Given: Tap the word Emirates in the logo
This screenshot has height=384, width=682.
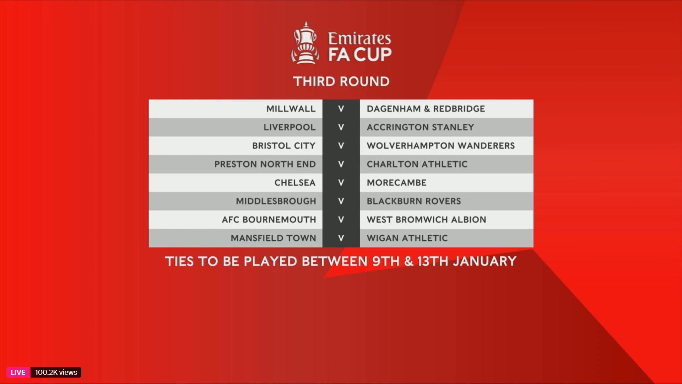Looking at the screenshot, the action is pyautogui.click(x=359, y=38).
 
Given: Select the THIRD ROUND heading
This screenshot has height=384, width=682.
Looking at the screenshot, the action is pyautogui.click(x=341, y=81).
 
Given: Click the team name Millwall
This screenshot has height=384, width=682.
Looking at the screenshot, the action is pyautogui.click(x=291, y=109).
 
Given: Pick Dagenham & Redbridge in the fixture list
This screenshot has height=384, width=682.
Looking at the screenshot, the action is pyautogui.click(x=426, y=109).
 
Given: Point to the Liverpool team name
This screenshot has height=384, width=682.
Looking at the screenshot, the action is pyautogui.click(x=289, y=127).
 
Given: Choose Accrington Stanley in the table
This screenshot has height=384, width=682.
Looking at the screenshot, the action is pyautogui.click(x=421, y=127).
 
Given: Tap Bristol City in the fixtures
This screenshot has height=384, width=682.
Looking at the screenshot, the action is pyautogui.click(x=284, y=146).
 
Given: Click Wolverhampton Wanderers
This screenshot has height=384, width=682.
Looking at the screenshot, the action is pyautogui.click(x=441, y=146).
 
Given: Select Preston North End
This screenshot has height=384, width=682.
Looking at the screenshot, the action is pyautogui.click(x=265, y=164).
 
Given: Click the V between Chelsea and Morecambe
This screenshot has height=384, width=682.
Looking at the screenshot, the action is pyautogui.click(x=341, y=183).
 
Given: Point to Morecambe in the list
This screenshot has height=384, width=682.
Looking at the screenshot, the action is pyautogui.click(x=397, y=183).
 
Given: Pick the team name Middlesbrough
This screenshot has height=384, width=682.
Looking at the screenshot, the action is pyautogui.click(x=276, y=201).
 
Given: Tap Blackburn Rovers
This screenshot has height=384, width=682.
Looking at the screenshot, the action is pyautogui.click(x=414, y=201).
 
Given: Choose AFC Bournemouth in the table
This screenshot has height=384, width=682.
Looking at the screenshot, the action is pyautogui.click(x=269, y=220).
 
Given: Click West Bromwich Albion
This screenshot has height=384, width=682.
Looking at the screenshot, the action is pyautogui.click(x=427, y=220).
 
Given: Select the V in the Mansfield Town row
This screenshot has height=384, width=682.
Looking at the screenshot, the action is pyautogui.click(x=341, y=238).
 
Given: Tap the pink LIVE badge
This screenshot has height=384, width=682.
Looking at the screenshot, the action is pyautogui.click(x=18, y=372).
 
